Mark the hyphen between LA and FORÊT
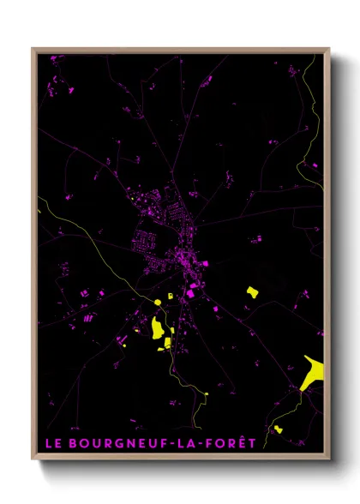pos(202,443)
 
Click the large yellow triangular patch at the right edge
pos(313,372)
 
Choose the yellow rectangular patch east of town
pos(252,291)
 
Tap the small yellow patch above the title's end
pos(277,429)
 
